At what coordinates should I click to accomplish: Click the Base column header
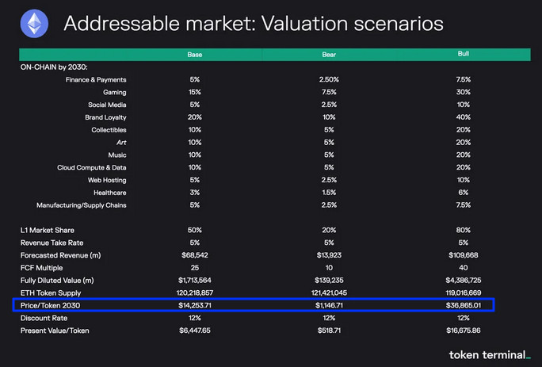point(195,55)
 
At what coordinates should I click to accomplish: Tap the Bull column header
point(464,54)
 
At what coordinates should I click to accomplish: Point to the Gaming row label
point(114,92)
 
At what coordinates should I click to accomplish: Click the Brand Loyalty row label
point(105,117)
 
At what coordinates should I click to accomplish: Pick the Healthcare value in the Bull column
point(464,193)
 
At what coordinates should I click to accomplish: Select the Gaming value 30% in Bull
point(464,92)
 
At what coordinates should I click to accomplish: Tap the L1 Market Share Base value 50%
point(195,230)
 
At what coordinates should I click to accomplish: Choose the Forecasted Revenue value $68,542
point(195,255)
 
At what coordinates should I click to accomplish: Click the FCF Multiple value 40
point(464,268)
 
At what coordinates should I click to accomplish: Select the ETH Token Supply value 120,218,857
point(195,293)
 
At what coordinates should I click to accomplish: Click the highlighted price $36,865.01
point(464,305)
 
